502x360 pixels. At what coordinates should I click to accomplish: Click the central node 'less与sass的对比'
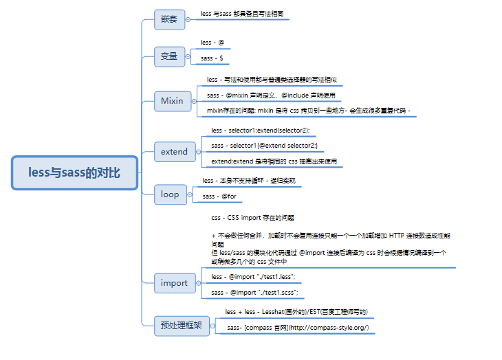coord(75,172)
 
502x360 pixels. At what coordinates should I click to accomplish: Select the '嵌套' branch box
coord(169,19)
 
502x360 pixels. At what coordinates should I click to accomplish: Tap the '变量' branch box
coord(169,56)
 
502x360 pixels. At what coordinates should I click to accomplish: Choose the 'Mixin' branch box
coord(172,100)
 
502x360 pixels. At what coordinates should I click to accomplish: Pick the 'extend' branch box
coord(174,151)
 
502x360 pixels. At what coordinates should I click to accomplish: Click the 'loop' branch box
coord(170,194)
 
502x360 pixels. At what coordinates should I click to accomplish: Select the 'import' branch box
coord(174,282)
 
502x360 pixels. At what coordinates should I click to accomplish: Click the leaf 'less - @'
coord(211,43)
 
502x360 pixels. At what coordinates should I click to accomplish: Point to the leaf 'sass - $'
coord(211,58)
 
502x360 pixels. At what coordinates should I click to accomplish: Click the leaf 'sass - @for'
coord(219,196)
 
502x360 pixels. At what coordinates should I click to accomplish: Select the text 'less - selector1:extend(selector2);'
coord(261,130)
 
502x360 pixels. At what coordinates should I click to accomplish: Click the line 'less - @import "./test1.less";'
coord(254,276)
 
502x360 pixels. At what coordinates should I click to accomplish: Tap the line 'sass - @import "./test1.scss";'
coord(254,292)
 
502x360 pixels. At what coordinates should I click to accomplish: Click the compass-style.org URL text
coord(323,328)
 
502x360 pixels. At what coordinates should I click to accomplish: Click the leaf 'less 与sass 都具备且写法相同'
coord(241,13)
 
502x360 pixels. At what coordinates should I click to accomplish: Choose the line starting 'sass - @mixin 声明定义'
coord(271,95)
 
